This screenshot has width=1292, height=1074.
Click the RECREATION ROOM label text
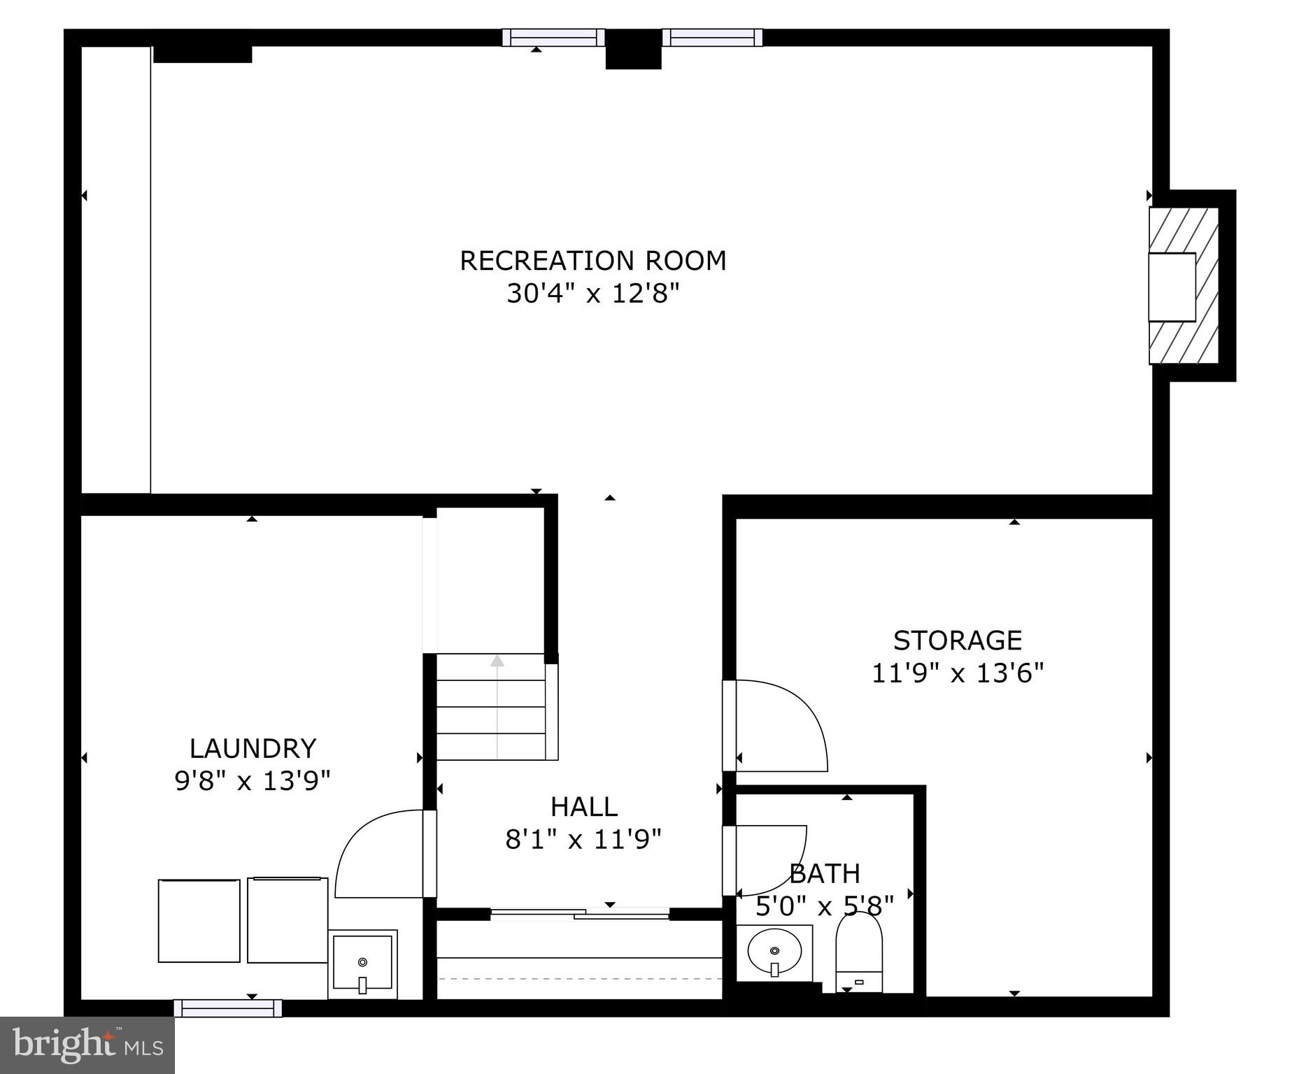pyautogui.click(x=592, y=261)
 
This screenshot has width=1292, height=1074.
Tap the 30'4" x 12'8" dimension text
pyautogui.click(x=592, y=294)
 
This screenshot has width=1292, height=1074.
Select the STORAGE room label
pyautogui.click(x=957, y=640)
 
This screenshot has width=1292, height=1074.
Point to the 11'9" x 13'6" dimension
pyautogui.click(x=957, y=673)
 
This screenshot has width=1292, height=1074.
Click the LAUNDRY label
pyautogui.click(x=253, y=748)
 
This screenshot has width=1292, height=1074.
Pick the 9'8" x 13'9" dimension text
pyautogui.click(x=252, y=780)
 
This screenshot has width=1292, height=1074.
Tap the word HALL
pyautogui.click(x=583, y=807)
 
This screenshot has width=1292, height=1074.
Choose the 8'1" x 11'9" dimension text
pyautogui.click(x=583, y=839)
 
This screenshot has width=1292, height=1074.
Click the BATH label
pyautogui.click(x=825, y=873)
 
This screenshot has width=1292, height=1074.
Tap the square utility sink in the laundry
pyautogui.click(x=362, y=964)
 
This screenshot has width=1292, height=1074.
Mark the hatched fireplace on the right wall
pyautogui.click(x=1184, y=286)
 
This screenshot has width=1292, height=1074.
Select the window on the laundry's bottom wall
pyautogui.click(x=228, y=1008)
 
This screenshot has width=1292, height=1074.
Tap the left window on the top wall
pyautogui.click(x=553, y=37)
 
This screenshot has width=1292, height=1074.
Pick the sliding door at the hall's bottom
pyautogui.click(x=580, y=912)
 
